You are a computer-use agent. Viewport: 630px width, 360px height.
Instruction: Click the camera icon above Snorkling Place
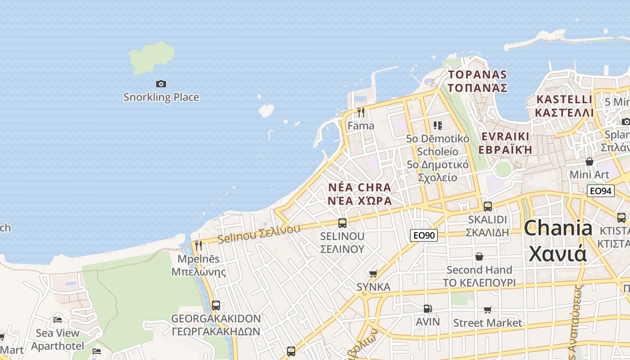(161, 84)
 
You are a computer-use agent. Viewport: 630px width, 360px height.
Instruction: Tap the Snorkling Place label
(161, 97)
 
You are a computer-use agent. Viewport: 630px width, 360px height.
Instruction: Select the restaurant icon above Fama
(360, 112)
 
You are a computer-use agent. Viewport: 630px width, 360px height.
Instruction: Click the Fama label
(360, 126)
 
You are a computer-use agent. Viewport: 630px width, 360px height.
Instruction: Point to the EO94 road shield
(600, 191)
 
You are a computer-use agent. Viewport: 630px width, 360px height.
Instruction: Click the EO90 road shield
(424, 235)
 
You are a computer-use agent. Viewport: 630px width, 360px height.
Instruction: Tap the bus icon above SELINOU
(342, 223)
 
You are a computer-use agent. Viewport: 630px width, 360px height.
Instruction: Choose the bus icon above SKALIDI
(487, 207)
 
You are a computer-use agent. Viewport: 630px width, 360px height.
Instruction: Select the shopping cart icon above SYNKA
(373, 274)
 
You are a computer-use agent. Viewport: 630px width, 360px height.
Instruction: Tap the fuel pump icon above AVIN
(427, 309)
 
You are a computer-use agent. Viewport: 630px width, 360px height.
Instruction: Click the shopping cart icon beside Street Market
(487, 310)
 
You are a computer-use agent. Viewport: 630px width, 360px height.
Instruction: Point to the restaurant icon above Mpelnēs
(198, 246)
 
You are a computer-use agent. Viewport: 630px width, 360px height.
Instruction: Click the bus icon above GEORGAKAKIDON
(216, 306)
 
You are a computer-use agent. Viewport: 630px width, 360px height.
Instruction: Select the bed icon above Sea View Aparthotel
(58, 320)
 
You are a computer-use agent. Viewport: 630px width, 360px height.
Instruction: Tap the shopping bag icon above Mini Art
(589, 162)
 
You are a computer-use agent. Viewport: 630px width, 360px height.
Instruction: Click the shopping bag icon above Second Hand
(479, 256)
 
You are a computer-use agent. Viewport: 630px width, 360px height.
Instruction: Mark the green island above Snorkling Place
(152, 57)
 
